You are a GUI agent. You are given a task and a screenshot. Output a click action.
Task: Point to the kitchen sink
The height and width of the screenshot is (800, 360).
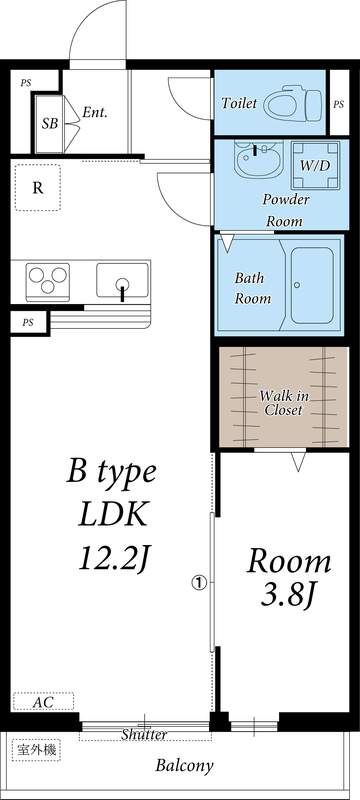(x=123, y=279)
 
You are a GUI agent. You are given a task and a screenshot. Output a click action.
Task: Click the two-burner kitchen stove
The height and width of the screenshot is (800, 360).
(x=48, y=279)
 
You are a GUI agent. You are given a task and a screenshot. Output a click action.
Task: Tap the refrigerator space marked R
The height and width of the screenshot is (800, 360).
(x=37, y=187)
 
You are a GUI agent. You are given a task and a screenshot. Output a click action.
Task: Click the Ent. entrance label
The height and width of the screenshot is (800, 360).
(x=95, y=112)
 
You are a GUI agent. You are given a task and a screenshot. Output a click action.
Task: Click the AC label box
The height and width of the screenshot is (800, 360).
(x=42, y=703)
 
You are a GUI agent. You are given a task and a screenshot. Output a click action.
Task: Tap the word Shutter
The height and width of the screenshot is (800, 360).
(x=144, y=735)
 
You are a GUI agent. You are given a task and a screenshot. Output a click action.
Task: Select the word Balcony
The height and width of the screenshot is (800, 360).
(x=184, y=767)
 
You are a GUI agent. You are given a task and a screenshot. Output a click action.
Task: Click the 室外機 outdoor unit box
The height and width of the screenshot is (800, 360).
(x=35, y=749)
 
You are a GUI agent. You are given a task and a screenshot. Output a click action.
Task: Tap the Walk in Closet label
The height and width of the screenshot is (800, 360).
(x=283, y=403)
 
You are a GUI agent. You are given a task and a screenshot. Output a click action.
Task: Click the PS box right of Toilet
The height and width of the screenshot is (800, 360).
(x=338, y=103)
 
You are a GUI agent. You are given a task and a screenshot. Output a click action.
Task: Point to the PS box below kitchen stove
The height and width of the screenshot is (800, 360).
(x=28, y=323)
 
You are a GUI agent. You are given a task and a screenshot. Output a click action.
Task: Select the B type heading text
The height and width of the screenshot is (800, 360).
(x=112, y=470)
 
